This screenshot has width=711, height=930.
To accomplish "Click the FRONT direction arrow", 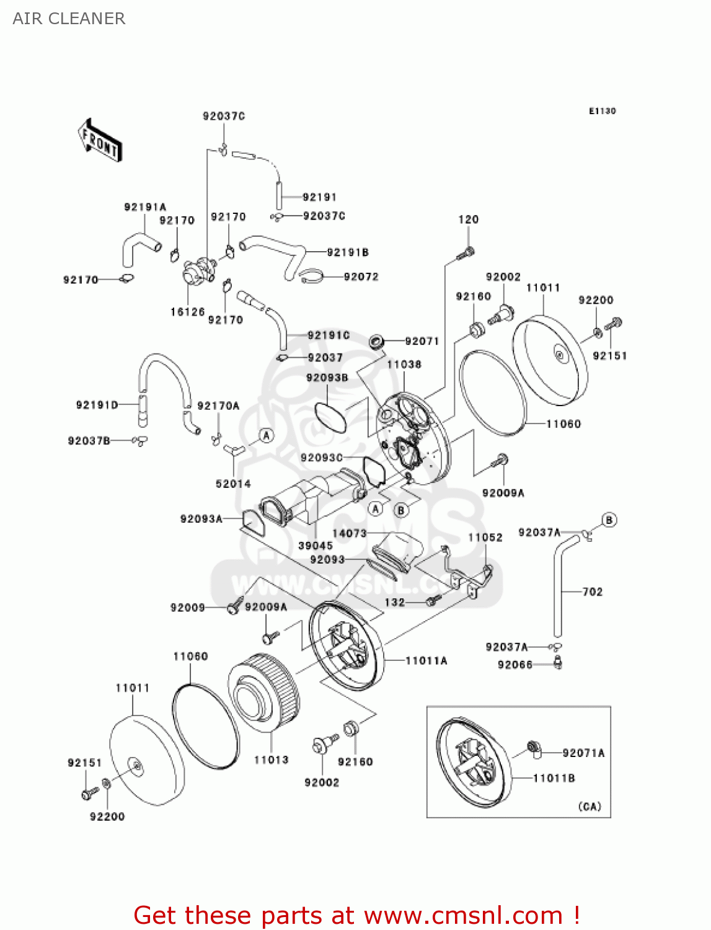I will point(100,140).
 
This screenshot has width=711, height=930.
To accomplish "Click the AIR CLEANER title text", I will point(69,19).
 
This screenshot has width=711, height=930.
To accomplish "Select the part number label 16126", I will point(187,312).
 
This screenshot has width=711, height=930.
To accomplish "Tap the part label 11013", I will point(271,759).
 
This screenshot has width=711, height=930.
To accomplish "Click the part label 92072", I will point(361,277).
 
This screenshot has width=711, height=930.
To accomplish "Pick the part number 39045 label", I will point(316,546).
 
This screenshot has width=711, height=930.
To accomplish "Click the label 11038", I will point(404,365).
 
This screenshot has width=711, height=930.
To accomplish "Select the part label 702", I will point(592,591).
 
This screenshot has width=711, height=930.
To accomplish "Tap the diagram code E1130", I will point(602,111).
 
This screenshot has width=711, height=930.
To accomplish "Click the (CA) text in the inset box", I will point(590,807).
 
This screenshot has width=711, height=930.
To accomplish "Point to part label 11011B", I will point(554,778).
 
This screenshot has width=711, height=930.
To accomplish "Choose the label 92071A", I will point(583,753).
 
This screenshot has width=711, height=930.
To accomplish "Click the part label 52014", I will point(233,484).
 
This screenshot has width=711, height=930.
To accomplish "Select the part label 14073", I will point(350,533).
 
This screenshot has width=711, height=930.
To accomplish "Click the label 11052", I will point(485,538).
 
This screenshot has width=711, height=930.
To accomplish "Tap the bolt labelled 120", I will point(467,252).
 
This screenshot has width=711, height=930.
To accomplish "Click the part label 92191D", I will point(97,405).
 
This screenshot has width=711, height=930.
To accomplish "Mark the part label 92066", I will point(515,665).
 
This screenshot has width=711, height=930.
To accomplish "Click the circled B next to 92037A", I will point(609,520).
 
